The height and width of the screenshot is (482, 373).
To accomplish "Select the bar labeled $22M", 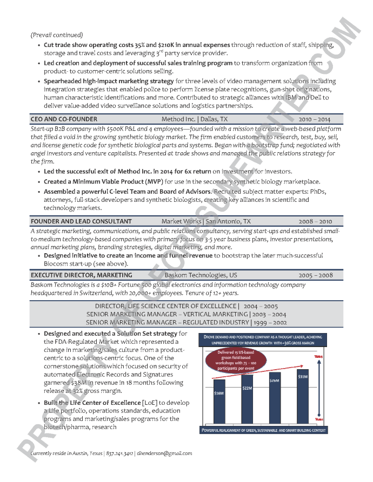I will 247,397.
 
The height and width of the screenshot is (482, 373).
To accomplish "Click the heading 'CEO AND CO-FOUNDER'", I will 64,119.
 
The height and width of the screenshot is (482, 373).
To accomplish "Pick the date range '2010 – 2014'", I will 314,119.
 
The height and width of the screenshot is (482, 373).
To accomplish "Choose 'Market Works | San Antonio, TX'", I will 206,221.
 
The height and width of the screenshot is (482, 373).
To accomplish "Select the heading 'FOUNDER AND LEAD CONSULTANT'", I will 81,221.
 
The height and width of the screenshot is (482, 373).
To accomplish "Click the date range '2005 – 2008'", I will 316,275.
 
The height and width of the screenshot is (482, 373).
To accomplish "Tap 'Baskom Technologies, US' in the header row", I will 201,275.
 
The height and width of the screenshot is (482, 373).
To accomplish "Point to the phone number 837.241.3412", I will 119,453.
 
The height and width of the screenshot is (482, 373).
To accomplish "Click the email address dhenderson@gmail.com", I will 164,453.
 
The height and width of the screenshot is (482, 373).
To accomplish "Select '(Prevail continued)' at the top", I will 57,35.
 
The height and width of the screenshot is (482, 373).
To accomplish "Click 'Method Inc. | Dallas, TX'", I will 195,119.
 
